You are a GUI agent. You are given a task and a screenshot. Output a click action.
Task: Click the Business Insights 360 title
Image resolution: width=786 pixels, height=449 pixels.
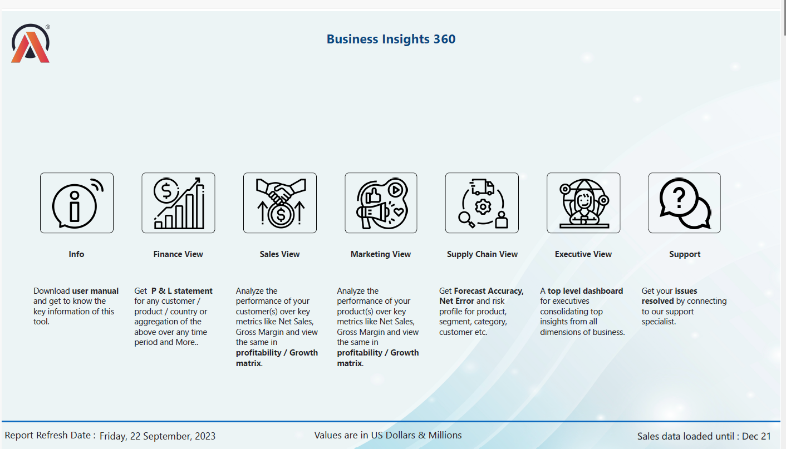click(x=391, y=40)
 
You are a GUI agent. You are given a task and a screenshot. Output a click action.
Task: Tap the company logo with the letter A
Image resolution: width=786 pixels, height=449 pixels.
click(x=31, y=43)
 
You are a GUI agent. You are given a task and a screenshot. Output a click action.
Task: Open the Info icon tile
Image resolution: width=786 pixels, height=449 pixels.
click(x=77, y=203)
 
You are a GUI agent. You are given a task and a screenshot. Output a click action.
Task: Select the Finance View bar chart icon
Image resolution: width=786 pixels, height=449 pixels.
click(x=178, y=203)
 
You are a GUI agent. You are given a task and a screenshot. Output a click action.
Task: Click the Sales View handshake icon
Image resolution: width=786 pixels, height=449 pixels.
click(x=280, y=203)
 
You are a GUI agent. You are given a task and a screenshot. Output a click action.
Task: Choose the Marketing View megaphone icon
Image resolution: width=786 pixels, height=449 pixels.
click(x=381, y=203)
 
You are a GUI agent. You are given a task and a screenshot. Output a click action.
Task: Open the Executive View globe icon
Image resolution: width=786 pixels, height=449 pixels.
click(x=583, y=203)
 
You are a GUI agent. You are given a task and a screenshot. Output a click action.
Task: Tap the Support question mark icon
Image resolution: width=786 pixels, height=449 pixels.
click(x=685, y=203)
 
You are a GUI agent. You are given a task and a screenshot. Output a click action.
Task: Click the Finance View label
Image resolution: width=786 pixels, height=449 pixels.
click(x=178, y=254)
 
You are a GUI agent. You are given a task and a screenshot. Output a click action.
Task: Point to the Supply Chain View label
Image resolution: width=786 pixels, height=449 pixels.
click(x=482, y=254)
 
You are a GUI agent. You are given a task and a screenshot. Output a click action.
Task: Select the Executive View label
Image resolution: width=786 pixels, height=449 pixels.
click(x=583, y=254)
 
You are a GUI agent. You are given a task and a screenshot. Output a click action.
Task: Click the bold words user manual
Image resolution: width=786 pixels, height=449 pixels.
click(x=95, y=291)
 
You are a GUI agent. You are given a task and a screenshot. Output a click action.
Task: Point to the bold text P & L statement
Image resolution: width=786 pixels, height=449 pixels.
click(x=182, y=291)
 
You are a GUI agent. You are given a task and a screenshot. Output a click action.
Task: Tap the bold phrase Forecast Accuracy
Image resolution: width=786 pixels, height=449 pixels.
click(x=489, y=291)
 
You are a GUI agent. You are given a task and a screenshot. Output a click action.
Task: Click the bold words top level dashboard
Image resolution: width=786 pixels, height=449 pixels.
click(x=585, y=291)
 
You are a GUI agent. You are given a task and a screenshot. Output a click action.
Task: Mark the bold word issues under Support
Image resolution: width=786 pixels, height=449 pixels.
click(x=686, y=291)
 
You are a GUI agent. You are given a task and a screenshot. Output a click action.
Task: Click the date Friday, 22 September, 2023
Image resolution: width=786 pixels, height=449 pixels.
click(x=158, y=436)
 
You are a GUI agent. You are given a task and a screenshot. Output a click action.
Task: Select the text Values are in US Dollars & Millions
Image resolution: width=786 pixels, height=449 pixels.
click(x=388, y=435)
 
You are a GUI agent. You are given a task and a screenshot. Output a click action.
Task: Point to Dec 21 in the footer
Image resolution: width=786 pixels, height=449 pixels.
click(x=757, y=436)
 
